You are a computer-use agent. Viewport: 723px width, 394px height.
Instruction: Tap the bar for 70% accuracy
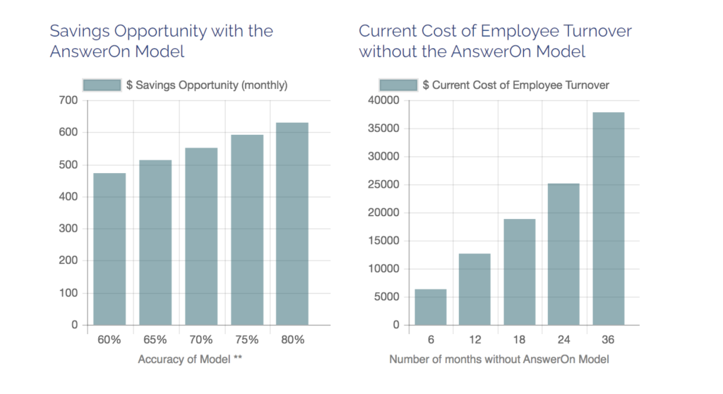201,237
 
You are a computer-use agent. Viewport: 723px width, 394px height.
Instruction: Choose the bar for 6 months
430,307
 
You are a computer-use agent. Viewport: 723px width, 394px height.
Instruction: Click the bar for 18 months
519,272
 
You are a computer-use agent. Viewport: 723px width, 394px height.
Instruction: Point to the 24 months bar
563,254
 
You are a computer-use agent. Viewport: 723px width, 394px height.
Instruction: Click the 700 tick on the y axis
68,100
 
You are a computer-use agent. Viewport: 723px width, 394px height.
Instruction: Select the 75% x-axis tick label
246,340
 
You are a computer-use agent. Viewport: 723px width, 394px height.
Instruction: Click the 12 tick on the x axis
474,340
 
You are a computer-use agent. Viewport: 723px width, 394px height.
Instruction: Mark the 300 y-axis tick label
68,229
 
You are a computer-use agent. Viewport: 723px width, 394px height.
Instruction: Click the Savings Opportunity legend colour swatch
102,85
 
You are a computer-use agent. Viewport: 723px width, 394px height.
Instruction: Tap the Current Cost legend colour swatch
399,85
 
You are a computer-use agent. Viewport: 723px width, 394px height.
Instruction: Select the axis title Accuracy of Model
190,359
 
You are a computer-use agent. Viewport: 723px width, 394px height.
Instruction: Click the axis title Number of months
499,359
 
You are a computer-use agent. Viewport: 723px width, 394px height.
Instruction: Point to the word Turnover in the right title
597,31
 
